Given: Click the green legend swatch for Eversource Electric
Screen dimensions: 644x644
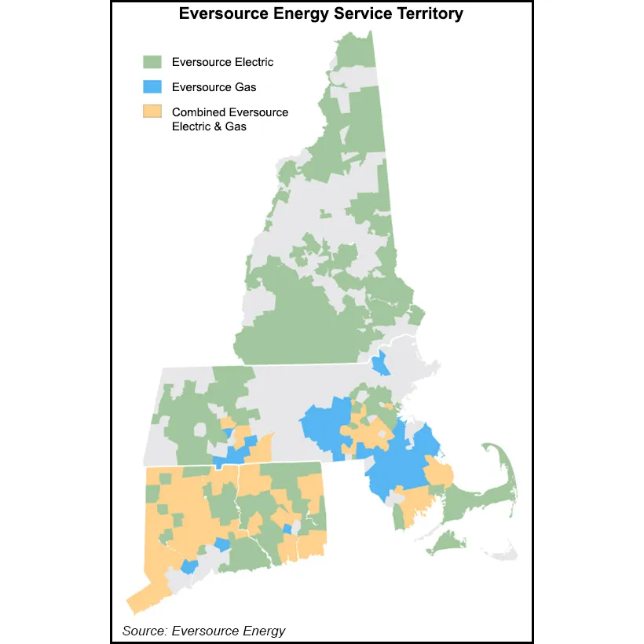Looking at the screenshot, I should (x=151, y=62).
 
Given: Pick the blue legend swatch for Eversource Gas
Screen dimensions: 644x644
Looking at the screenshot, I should (x=151, y=87).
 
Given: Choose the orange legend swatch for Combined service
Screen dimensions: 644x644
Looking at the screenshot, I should (x=151, y=112).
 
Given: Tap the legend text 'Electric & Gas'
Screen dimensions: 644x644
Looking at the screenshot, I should (x=209, y=126).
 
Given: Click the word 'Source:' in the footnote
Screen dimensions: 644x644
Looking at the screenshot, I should (x=145, y=631).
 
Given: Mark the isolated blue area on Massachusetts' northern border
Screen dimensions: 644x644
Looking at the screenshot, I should (x=380, y=364).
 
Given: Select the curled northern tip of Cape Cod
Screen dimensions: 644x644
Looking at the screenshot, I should (x=490, y=448).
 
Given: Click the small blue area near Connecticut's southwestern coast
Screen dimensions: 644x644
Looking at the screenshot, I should (x=189, y=566).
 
